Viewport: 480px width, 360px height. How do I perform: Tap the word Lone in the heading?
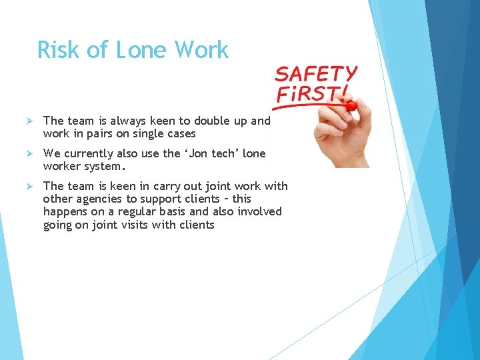click(141, 50)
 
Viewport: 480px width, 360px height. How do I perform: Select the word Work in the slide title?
click(201, 50)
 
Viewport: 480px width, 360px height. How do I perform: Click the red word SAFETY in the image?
click(317, 74)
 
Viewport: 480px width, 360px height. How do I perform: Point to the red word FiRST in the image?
click(310, 95)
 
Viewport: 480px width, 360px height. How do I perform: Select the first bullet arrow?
click(29, 121)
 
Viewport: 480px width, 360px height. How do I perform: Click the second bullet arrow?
click(29, 153)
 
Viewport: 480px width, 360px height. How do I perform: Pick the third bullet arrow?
click(29, 186)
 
